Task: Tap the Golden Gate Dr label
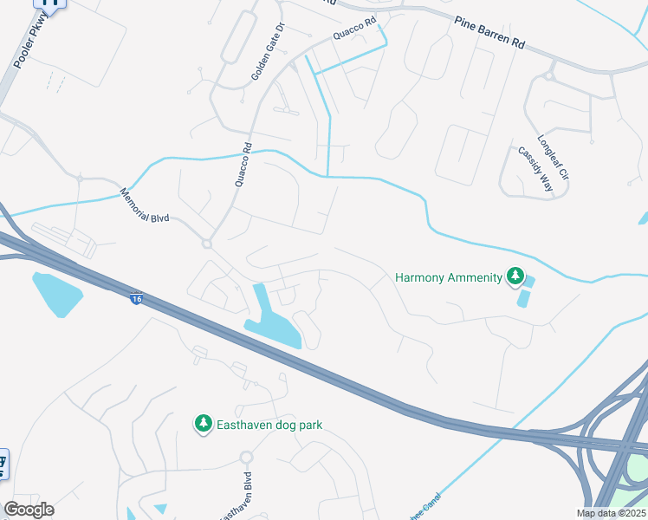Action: pos(267,53)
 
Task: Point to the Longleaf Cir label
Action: pos(553,157)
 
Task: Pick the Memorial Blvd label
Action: pos(145,205)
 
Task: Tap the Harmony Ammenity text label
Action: pos(448,277)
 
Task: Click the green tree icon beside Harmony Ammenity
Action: pos(515,277)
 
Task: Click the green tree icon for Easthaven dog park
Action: pos(203,424)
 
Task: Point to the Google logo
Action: pos(29,510)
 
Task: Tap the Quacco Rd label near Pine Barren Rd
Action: pos(355,34)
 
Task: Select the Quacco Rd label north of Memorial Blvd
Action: pos(242,165)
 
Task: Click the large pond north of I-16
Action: pos(273,322)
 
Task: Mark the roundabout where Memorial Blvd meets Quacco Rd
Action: pos(207,244)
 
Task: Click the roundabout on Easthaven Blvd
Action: pos(246,457)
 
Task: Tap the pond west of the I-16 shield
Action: pos(56,292)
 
